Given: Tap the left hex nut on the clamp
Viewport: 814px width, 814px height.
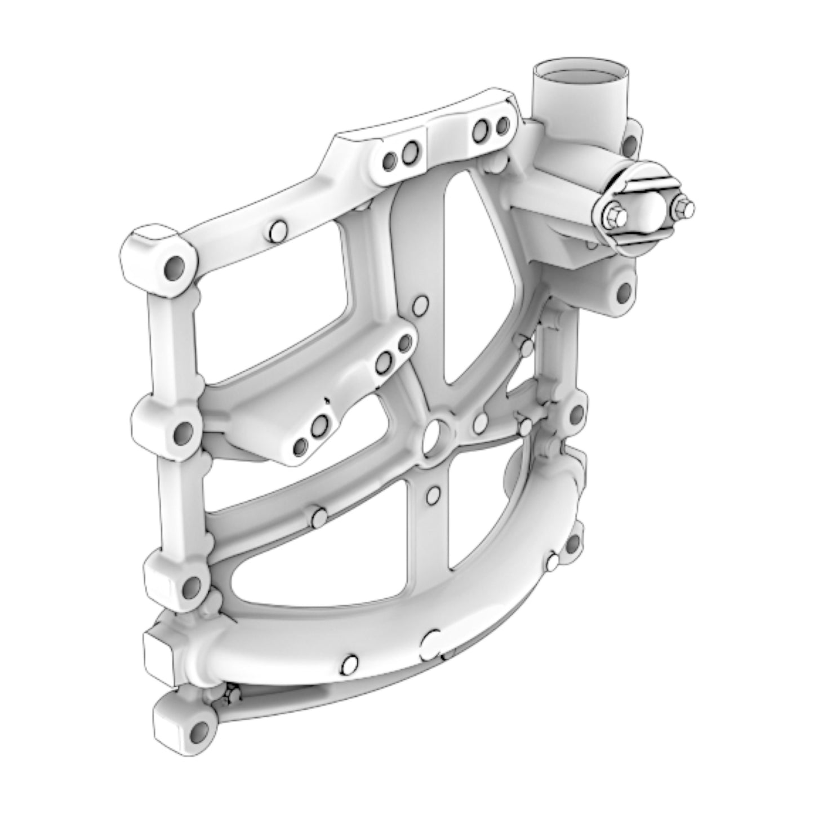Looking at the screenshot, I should click(x=616, y=215).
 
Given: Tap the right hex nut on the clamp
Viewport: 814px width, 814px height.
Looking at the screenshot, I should click(x=682, y=207).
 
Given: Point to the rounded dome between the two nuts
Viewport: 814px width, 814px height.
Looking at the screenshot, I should click(x=649, y=208).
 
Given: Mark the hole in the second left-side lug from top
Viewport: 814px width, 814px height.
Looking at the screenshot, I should click(x=183, y=433).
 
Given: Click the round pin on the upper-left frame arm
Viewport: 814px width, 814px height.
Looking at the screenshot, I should click(x=278, y=230).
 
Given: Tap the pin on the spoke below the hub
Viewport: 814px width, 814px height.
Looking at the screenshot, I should click(x=433, y=495).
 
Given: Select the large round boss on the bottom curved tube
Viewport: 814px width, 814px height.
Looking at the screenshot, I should click(x=433, y=642).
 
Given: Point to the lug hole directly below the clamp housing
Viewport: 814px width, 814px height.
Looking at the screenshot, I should click(x=624, y=292).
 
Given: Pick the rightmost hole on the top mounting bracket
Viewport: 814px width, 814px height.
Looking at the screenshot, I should click(x=500, y=127).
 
